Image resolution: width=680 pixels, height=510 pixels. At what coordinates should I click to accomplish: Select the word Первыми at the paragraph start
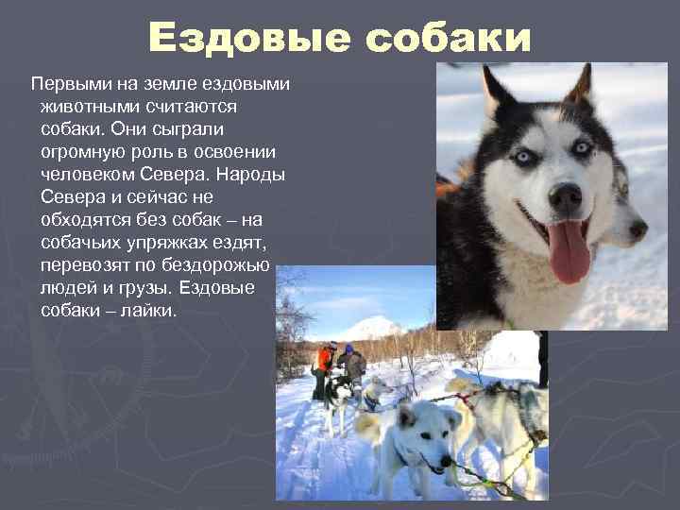(65, 84)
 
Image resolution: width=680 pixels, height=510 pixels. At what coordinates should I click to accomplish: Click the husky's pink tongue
(569, 251)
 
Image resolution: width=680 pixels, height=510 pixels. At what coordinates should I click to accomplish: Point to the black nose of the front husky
(565, 197)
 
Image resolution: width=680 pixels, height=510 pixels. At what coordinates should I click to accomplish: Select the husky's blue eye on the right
(582, 147)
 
